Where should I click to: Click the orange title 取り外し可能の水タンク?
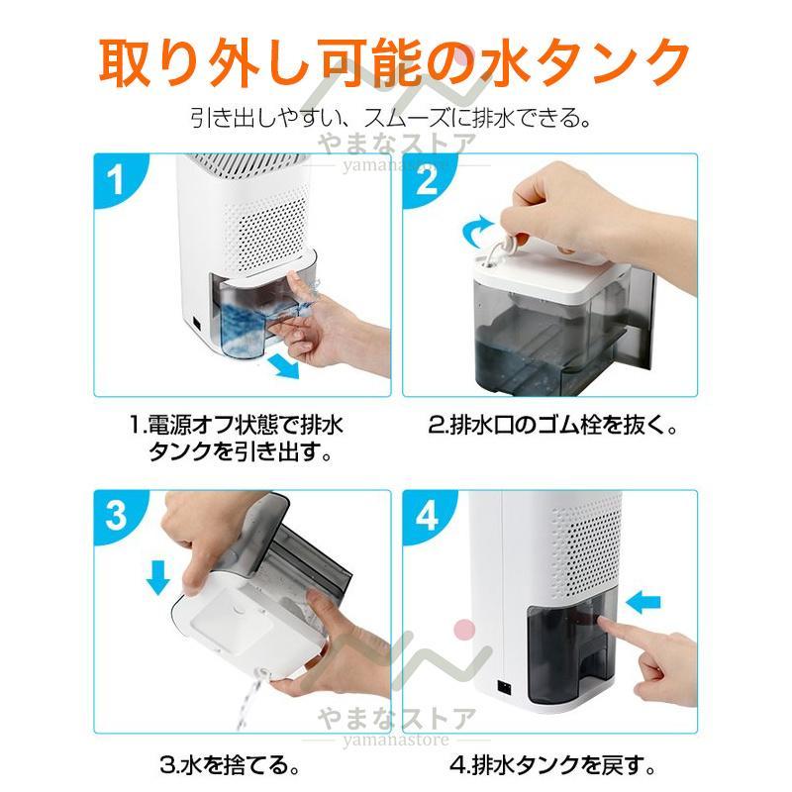point(396,61)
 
